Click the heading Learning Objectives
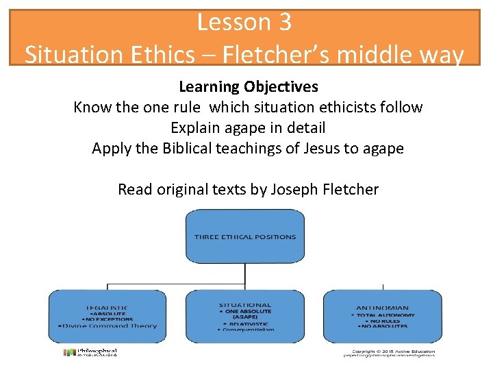(x=248, y=87)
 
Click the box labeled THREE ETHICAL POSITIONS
(x=245, y=237)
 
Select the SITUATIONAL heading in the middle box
(x=245, y=305)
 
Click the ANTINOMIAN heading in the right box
(x=382, y=308)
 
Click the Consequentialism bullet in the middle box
(x=245, y=330)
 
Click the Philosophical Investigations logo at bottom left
(x=90, y=352)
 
